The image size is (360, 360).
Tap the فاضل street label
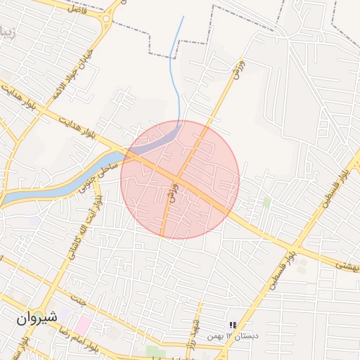[x=75, y=8]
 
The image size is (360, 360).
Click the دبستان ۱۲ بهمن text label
[x=233, y=336]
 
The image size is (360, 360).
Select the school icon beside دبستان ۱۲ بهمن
[x=231, y=324]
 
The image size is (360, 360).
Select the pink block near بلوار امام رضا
[x=84, y=324]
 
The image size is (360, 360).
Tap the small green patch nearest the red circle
[x=266, y=202]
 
